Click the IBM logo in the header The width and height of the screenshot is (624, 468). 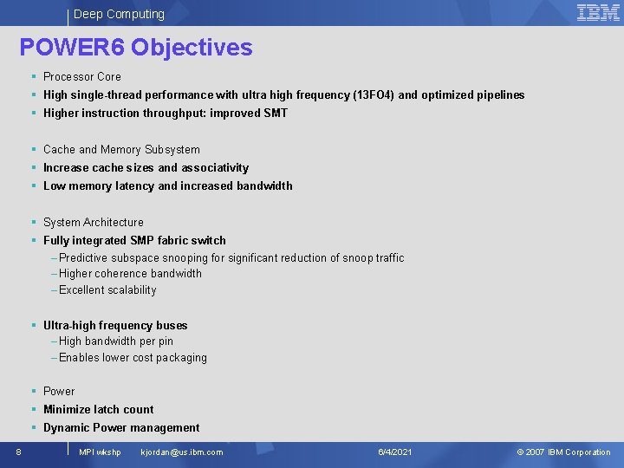[x=598, y=12]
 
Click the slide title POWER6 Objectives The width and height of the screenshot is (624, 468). [x=136, y=47]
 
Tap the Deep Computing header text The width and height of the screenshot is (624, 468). [x=119, y=14]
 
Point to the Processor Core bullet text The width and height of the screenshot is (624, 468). [x=82, y=76]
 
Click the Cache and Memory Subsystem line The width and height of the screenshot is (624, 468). [x=121, y=149]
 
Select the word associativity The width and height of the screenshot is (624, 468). [x=215, y=167]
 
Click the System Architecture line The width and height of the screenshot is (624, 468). [x=94, y=222]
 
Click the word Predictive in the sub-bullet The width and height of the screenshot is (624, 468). [x=84, y=257]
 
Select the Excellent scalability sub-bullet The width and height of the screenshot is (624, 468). [x=107, y=289]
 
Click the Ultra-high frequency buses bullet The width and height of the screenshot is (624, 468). [x=115, y=325]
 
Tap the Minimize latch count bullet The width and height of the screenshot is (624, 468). [x=98, y=409]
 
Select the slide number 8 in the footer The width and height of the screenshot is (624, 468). [x=18, y=452]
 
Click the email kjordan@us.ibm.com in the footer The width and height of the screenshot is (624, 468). [x=182, y=452]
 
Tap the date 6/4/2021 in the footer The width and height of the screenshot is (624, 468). [x=395, y=452]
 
